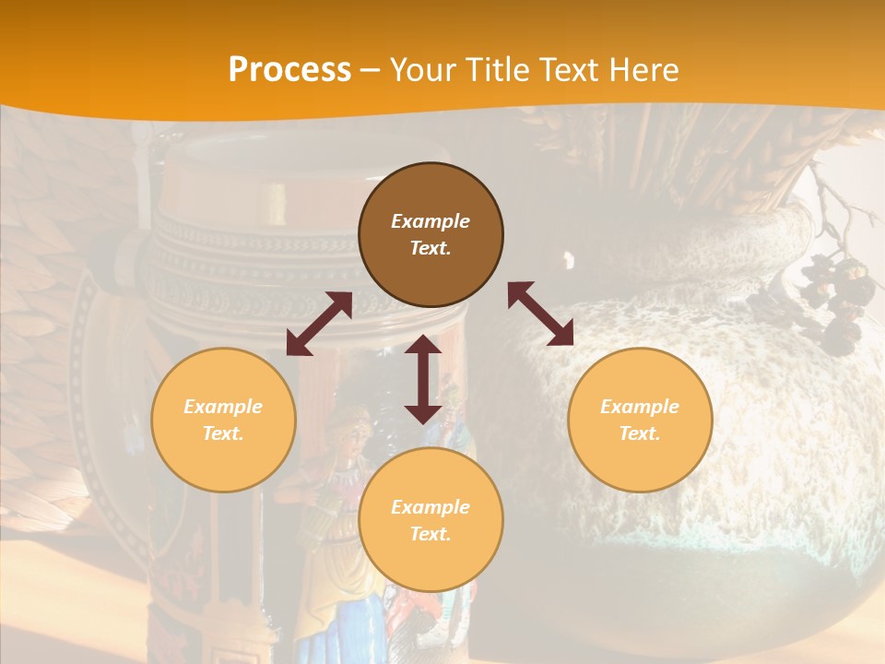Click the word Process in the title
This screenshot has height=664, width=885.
click(x=289, y=70)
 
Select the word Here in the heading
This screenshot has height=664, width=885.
click(x=644, y=70)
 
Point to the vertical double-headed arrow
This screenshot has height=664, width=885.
click(x=423, y=379)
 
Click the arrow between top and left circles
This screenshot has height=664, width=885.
click(x=319, y=324)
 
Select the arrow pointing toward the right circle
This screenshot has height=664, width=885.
click(x=540, y=314)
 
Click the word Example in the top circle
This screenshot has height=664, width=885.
click(x=431, y=221)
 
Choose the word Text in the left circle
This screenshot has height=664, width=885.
click(x=223, y=433)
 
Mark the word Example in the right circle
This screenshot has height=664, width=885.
click(x=640, y=407)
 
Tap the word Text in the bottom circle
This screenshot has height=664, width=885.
click(x=431, y=534)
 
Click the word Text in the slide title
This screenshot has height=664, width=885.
click(x=563, y=70)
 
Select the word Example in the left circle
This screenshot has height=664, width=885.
click(x=223, y=407)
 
